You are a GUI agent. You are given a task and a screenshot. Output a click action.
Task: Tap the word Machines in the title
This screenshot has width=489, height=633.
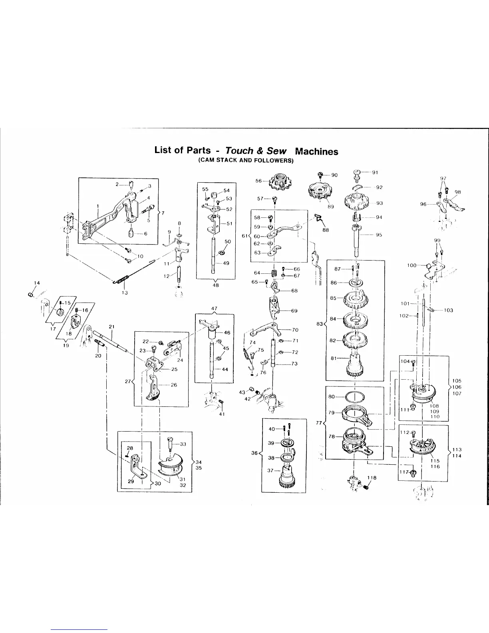point(316,151)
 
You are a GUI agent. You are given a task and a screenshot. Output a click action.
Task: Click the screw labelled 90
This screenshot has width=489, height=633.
point(320,174)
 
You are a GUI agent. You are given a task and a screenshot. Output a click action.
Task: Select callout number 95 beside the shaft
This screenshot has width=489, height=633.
point(379,235)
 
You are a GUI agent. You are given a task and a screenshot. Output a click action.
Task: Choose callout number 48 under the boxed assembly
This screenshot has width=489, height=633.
point(216,285)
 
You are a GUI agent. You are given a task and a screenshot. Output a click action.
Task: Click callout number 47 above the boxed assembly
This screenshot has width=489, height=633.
point(214,308)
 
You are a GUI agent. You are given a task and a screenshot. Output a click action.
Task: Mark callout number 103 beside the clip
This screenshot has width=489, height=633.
point(448,310)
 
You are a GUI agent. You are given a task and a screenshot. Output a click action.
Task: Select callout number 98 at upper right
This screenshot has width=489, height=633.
point(458,192)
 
